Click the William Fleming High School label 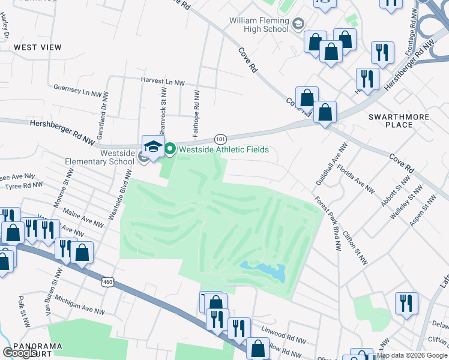[x=259, y=25]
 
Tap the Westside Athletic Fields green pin [x=170, y=149]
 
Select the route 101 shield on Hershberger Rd [x=221, y=139]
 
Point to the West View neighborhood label [x=38, y=47]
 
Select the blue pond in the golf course [x=262, y=272]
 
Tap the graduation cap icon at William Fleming [x=298, y=25]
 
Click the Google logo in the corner [x=20, y=353]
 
